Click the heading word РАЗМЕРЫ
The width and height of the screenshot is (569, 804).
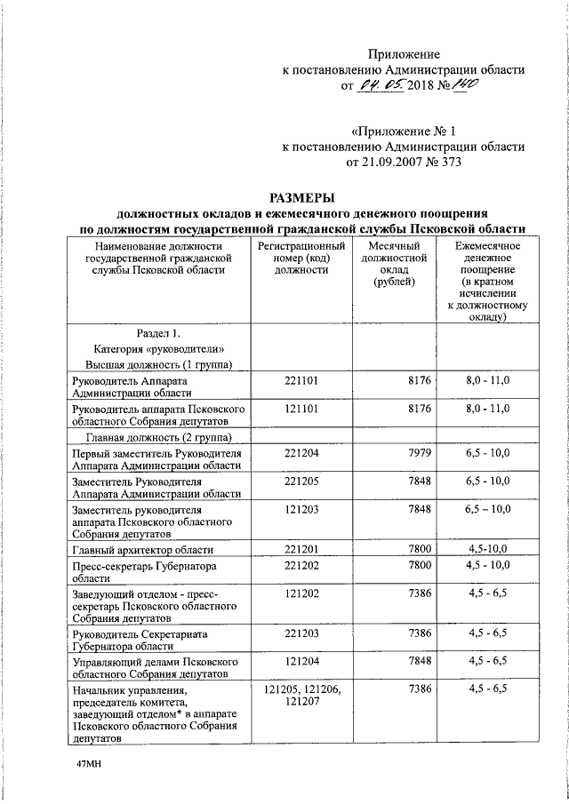(x=302, y=197)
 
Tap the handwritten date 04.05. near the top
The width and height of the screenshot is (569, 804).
(x=381, y=87)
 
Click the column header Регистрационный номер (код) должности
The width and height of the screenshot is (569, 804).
(x=302, y=257)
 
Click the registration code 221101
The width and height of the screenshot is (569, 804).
(x=302, y=380)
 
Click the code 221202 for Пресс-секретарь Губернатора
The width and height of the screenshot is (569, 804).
(x=302, y=566)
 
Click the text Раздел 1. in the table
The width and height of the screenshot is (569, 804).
(x=158, y=333)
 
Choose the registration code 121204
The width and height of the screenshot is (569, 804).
(x=302, y=662)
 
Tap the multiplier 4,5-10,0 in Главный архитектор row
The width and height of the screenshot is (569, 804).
(x=487, y=551)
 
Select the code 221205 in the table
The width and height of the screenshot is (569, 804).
(x=302, y=481)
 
